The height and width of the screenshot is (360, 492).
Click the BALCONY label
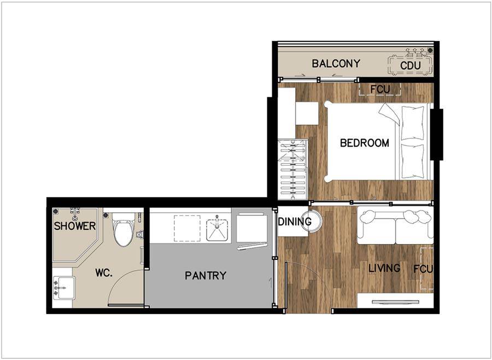click(x=336, y=63)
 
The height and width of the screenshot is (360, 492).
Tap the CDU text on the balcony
click(x=411, y=66)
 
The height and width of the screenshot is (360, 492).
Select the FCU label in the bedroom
click(x=380, y=90)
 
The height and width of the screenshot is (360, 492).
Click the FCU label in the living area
click(x=423, y=269)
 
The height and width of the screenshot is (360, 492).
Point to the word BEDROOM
click(x=365, y=143)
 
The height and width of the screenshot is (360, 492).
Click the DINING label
click(x=295, y=222)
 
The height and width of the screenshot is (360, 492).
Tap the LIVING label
click(x=384, y=268)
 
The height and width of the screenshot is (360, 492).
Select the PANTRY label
click(x=206, y=276)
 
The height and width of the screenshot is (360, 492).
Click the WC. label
click(x=104, y=272)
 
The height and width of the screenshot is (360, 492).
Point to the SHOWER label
click(x=75, y=226)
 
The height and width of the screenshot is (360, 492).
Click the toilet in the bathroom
click(x=124, y=230)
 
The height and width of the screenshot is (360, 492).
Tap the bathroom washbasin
click(x=64, y=287)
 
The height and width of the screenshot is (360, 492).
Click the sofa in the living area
click(x=395, y=227)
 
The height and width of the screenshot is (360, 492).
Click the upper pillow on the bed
click(x=413, y=123)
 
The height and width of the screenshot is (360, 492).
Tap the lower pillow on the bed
click(x=413, y=161)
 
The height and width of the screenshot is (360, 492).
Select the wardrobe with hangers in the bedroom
click(x=293, y=170)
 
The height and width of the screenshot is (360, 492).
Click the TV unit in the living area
click(x=395, y=300)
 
